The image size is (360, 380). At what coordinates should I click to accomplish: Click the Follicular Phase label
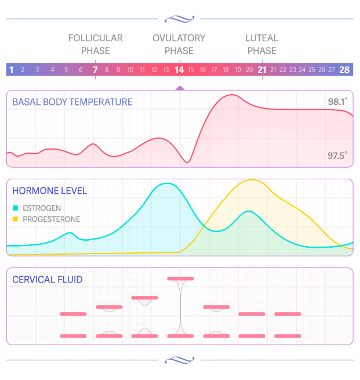coord(96,44)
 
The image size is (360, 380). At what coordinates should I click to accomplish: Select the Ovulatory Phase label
coord(179,44)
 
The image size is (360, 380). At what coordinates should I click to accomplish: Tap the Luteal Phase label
coord(261,44)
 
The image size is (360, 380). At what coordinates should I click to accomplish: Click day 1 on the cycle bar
coord(11,70)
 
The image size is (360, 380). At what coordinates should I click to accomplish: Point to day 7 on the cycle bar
coord(95,70)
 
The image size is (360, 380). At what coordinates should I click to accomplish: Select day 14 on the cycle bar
coord(179,70)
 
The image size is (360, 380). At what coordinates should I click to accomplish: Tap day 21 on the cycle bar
coord(261,70)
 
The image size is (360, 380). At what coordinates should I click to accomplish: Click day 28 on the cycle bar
coord(344,70)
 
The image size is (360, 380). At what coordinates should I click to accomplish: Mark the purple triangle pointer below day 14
coord(180,88)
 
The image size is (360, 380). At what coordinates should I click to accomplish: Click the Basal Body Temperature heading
coord(72,102)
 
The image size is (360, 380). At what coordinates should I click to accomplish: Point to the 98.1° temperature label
coord(337,102)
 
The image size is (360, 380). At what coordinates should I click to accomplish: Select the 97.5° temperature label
coord(337,155)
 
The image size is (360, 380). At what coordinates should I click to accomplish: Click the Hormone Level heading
coord(50,191)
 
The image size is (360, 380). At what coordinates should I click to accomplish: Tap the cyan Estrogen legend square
coord(16,208)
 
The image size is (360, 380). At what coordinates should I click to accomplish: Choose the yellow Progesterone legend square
coord(16,219)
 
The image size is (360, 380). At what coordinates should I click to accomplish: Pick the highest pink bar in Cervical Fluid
coord(180,278)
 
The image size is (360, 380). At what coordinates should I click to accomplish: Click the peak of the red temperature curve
coord(232,95)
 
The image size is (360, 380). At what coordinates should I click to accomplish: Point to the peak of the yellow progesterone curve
coord(252,180)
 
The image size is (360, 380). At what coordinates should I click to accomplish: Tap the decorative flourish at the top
coord(180,19)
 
